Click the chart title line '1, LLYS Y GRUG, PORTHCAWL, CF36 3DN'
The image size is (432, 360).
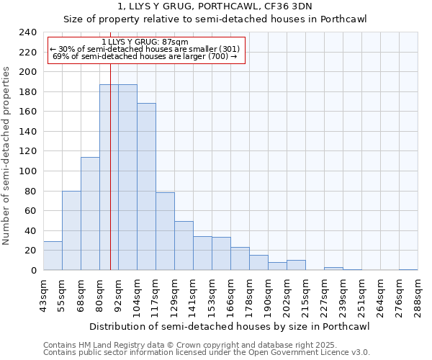tap(216, 6)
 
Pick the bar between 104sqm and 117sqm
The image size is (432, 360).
tap(146, 186)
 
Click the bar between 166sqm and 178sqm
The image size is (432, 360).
tap(240, 258)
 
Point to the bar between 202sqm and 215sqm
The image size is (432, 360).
tap(296, 265)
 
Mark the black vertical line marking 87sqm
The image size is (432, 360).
tap(110, 180)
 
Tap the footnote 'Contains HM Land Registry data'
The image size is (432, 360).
tap(108, 345)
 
